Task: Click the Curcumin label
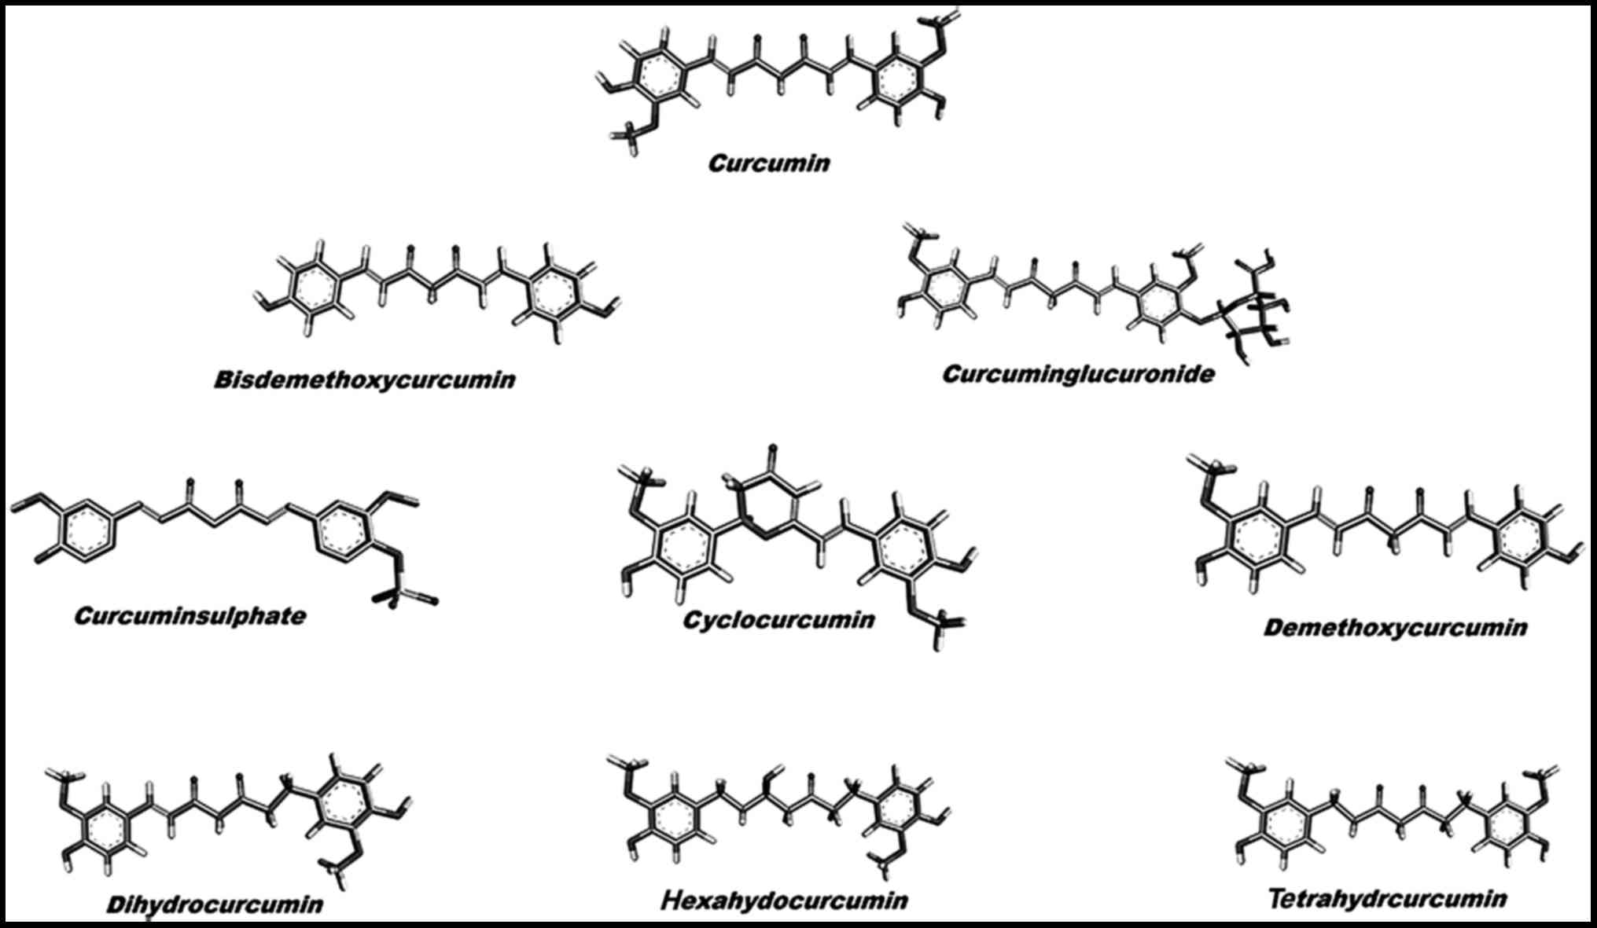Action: (768, 163)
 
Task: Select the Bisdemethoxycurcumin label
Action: (364, 380)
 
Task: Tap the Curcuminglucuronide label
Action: (1077, 374)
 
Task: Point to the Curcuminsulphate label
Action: (190, 615)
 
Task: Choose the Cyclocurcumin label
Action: (778, 620)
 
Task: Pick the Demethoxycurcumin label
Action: (1395, 628)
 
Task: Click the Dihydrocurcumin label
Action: (214, 904)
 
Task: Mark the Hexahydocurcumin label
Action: (784, 900)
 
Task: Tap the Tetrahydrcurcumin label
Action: (1387, 898)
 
